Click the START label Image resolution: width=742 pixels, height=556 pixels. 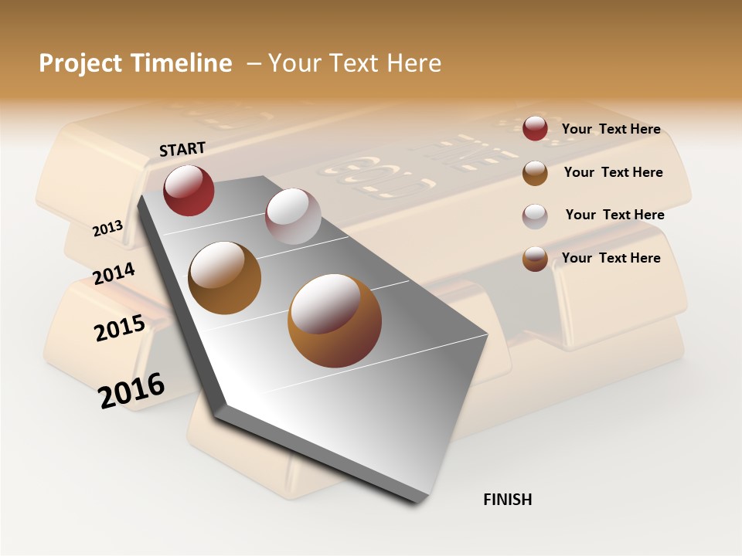182,149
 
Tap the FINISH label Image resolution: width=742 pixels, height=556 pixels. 507,500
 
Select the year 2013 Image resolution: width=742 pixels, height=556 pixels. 107,228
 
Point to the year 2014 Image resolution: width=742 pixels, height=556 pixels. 114,273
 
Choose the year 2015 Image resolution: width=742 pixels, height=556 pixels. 119,328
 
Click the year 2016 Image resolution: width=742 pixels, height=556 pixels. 131,390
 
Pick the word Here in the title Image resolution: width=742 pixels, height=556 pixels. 413,63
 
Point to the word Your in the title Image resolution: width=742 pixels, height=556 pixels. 294,63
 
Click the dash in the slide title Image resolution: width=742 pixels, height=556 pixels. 252,63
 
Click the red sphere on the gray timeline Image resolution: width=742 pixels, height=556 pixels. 189,190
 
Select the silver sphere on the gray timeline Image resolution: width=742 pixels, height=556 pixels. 293,216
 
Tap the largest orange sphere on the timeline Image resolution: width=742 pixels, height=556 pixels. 334,320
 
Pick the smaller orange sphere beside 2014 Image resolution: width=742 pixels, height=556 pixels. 224,278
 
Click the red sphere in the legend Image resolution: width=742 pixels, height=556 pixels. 535,128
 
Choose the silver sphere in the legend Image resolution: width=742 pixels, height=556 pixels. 535,216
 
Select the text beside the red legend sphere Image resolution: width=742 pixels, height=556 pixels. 611,130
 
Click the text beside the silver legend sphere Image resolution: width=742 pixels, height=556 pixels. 614,215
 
